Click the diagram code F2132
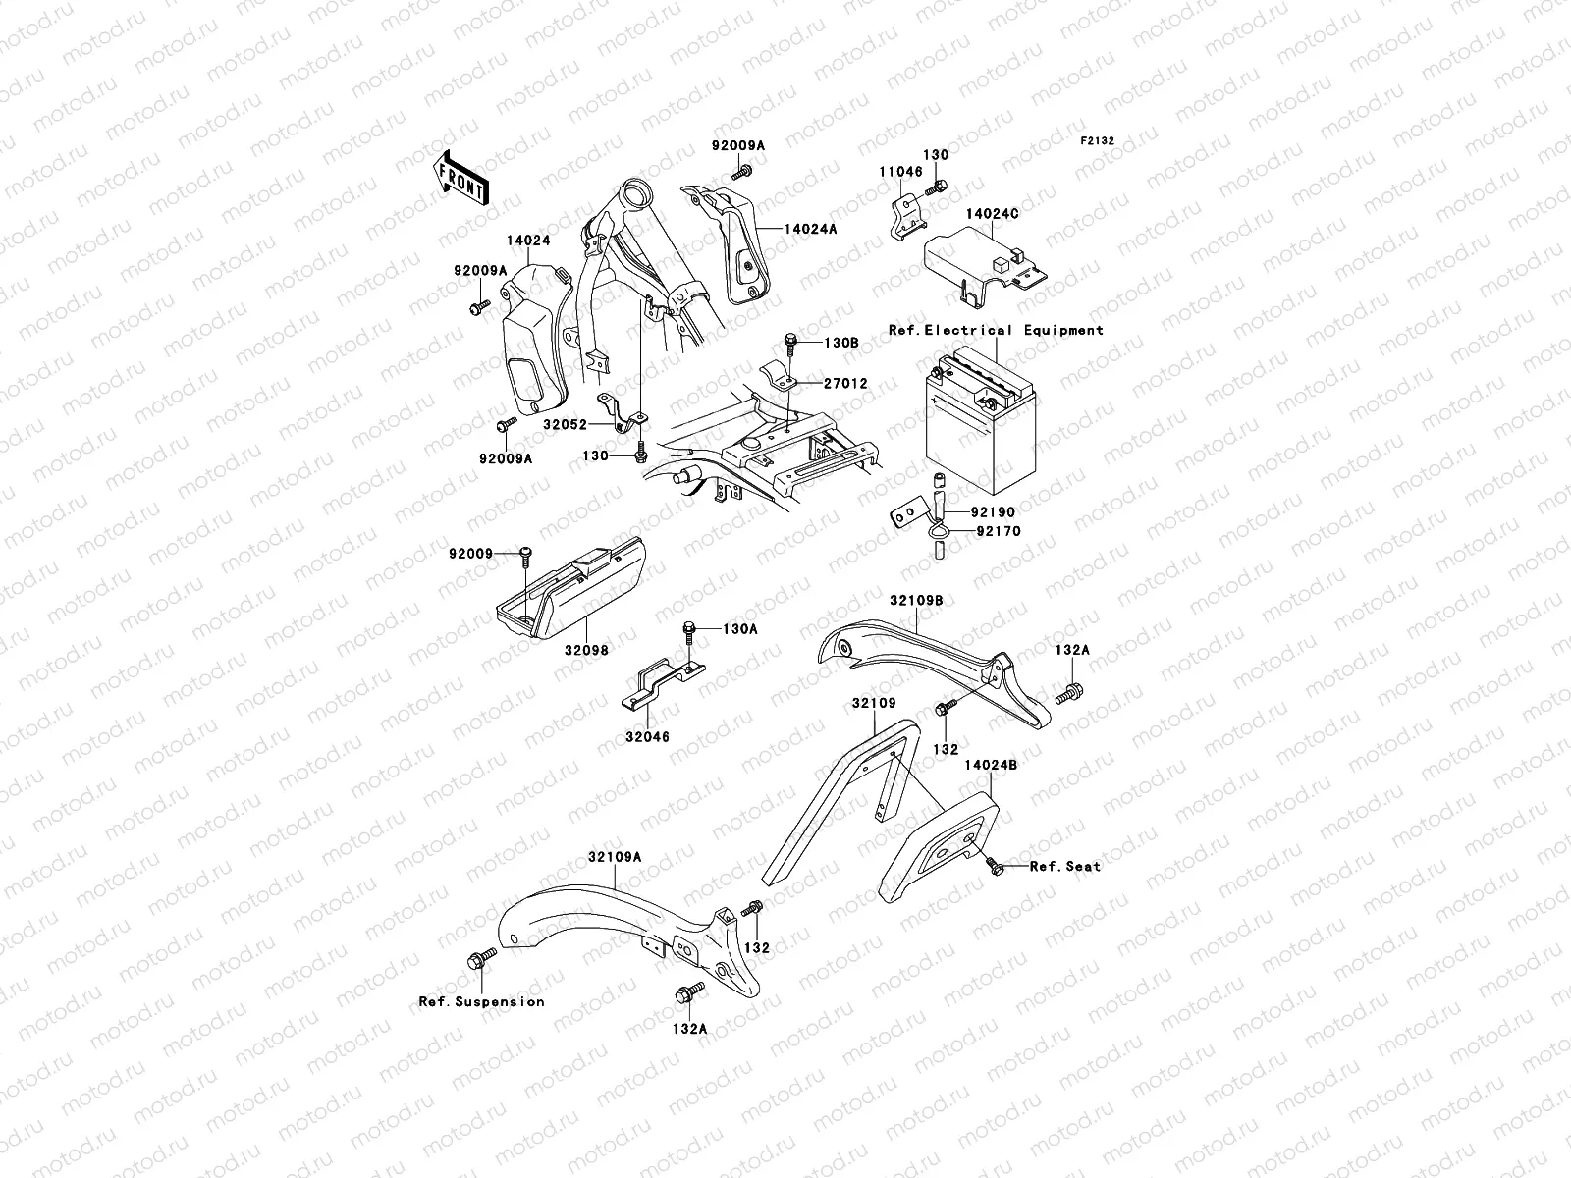[x=1098, y=141]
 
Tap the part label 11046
[x=899, y=170]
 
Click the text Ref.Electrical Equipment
[x=996, y=331]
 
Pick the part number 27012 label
[x=846, y=384]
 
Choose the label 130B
[x=841, y=343]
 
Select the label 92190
[x=996, y=512]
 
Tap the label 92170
[x=998, y=531]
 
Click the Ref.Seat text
[x=1065, y=866]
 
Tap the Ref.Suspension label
[x=481, y=1002]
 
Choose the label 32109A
[x=615, y=856]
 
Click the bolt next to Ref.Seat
[x=997, y=866]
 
